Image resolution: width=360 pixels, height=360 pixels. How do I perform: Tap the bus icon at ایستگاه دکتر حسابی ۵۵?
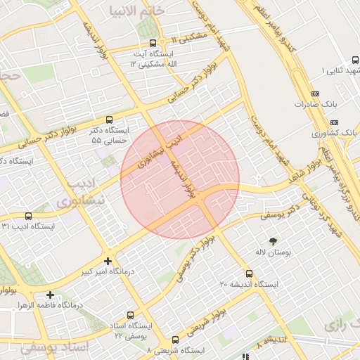click(x=108, y=120)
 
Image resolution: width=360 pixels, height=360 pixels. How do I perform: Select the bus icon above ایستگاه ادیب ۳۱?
click(x=27, y=216)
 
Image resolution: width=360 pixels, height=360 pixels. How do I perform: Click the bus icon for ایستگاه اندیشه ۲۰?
click(x=249, y=274)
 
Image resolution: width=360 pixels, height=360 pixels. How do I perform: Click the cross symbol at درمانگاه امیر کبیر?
click(x=108, y=260)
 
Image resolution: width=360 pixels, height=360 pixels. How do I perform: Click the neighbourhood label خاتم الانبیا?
click(x=137, y=11)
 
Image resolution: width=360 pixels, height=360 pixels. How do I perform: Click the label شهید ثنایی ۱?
click(x=340, y=71)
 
